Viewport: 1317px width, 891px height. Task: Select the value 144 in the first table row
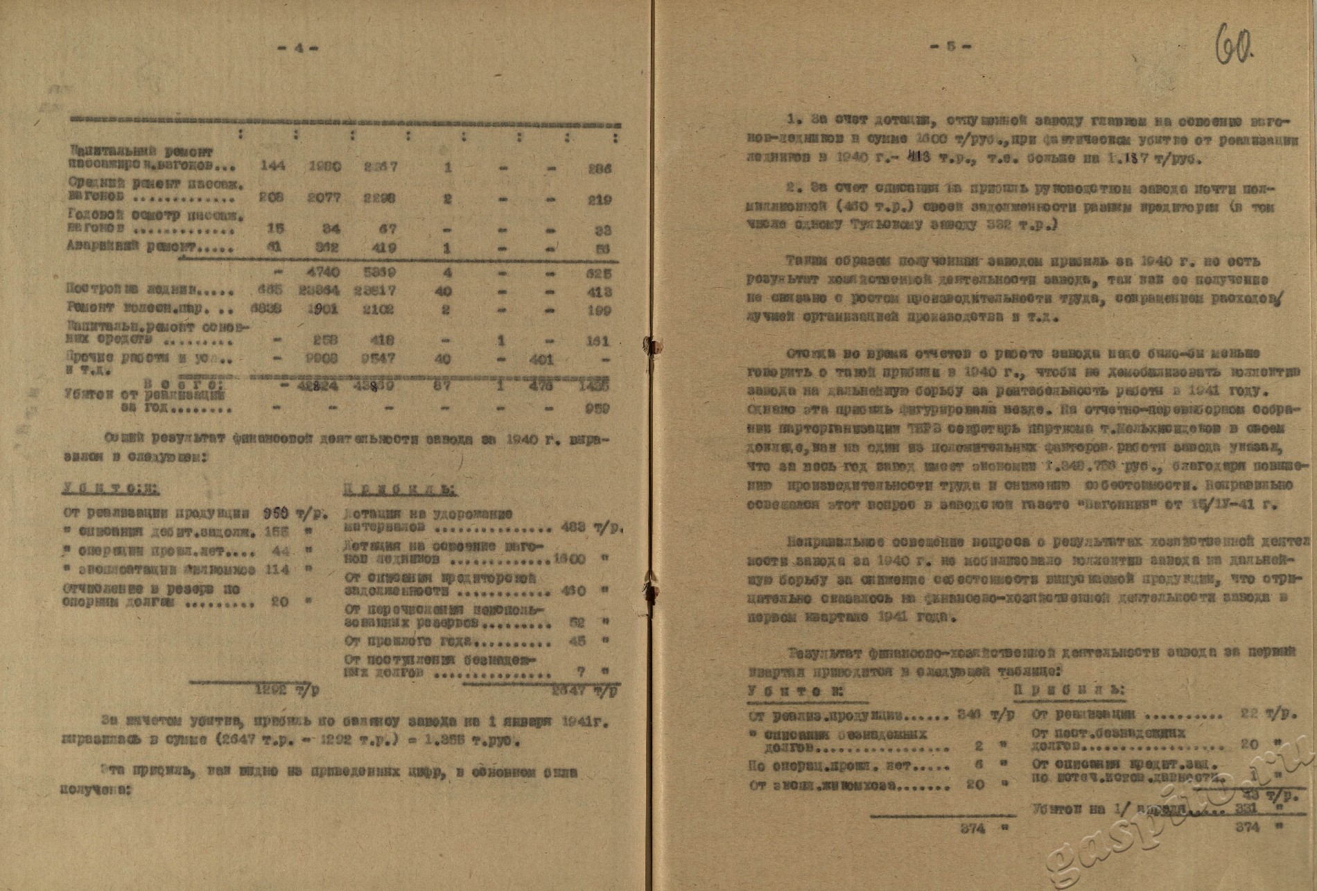(271, 168)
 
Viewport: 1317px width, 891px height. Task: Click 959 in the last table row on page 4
(597, 408)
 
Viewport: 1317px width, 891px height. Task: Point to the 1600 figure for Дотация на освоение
(573, 559)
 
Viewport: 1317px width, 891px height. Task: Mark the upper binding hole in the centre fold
(652, 345)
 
